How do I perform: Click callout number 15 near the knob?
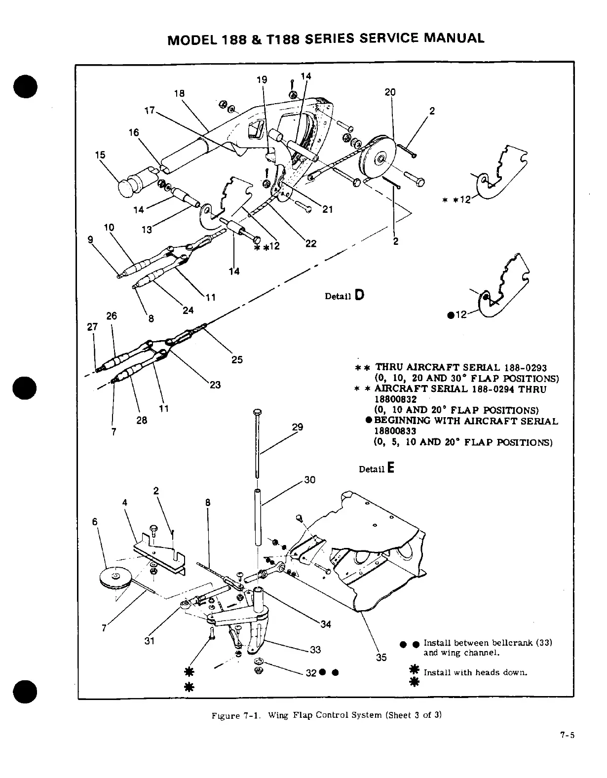coord(100,155)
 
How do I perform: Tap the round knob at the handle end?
coord(129,187)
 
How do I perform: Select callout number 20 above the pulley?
coord(390,92)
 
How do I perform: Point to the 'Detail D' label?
coord(344,296)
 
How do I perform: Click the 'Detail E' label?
coord(377,468)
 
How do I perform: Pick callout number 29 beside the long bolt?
coord(298,427)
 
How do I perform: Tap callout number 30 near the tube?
coord(309,480)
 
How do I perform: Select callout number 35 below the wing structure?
coord(381,657)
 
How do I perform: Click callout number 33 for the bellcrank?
coord(315,650)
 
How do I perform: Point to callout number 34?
coord(326,624)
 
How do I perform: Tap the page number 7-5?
coord(567,735)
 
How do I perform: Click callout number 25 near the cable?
coord(237,359)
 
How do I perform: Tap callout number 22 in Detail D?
coord(311,243)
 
